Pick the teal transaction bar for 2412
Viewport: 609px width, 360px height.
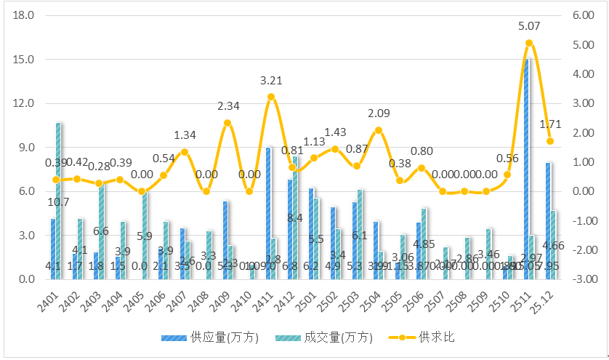tap(295, 217)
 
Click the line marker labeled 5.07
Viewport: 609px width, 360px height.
tap(529, 43)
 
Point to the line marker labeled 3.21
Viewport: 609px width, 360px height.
tap(271, 97)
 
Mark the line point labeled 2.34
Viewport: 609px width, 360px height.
tap(227, 123)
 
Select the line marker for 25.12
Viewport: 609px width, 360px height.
tap(550, 141)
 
